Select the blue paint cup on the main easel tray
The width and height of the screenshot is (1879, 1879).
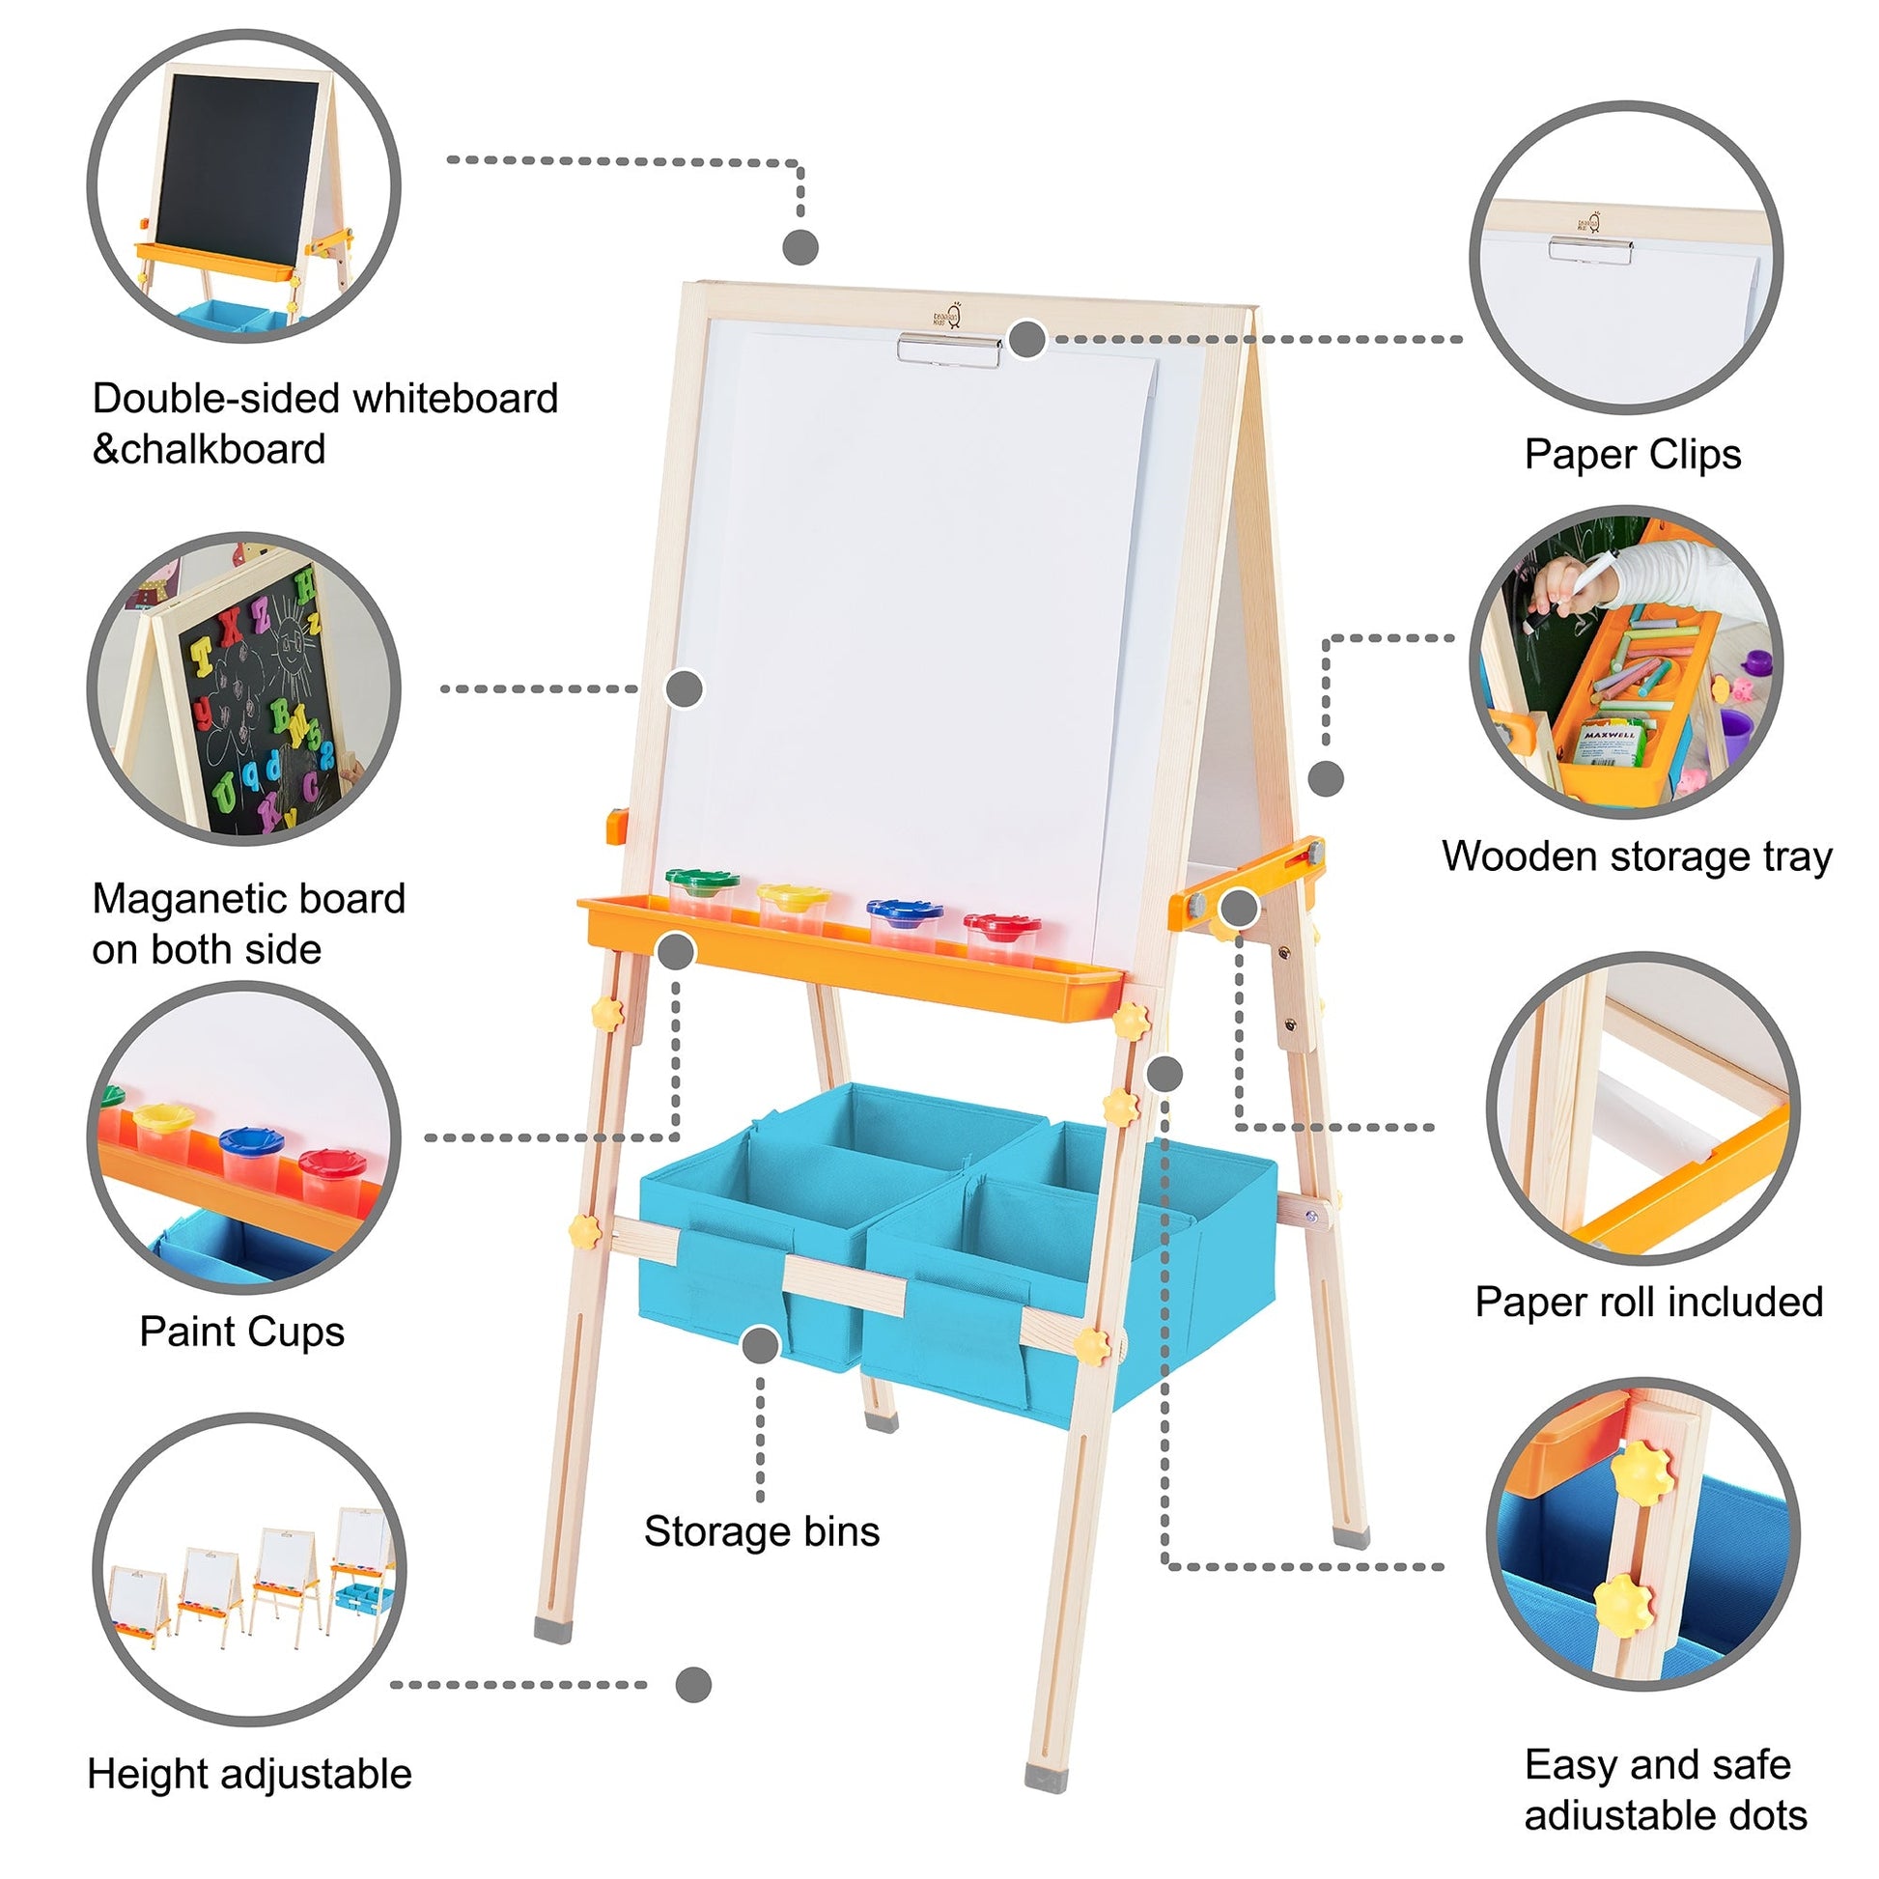click(x=905, y=922)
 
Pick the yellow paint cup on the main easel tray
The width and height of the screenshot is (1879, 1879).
click(x=794, y=907)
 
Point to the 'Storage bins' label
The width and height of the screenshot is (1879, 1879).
click(x=762, y=1531)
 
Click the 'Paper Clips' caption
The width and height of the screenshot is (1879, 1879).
click(x=1632, y=454)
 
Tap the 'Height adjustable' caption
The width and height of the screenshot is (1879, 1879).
click(x=250, y=1774)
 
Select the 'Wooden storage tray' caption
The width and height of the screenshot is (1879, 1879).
click(x=1637, y=856)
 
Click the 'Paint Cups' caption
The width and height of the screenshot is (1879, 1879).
click(x=242, y=1332)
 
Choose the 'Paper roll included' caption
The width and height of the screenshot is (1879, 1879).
click(x=1649, y=1303)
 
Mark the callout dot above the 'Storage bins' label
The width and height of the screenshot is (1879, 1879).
click(x=761, y=1346)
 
